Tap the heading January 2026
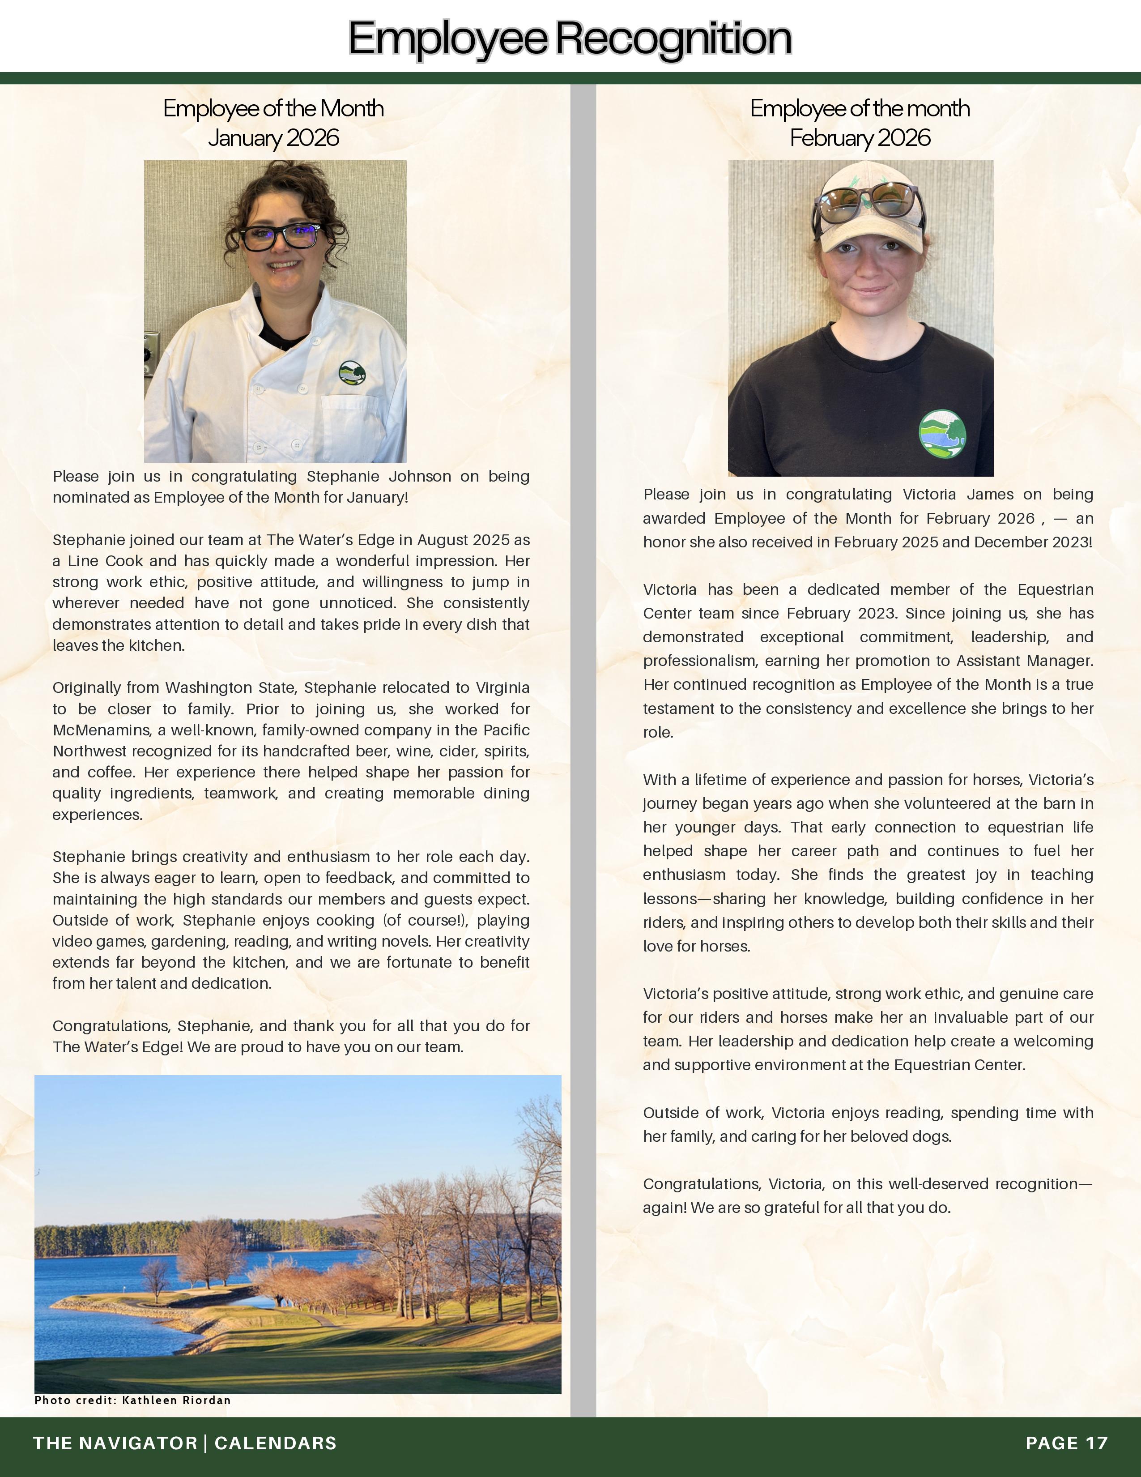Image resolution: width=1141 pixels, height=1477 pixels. coord(273,138)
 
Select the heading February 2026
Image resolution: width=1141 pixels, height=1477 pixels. coord(860,138)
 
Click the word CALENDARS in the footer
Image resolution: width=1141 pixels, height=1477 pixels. coord(275,1443)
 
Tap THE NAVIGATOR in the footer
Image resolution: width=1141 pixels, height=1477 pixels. coord(115,1443)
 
